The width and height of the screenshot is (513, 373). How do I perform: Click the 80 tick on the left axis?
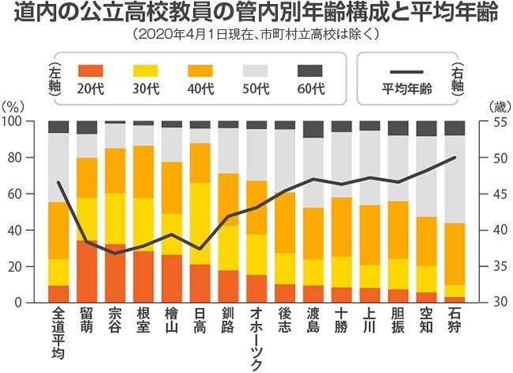tap(33, 157)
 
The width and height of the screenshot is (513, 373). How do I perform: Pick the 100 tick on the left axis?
tap(31, 121)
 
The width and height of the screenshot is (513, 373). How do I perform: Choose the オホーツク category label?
tap(256, 340)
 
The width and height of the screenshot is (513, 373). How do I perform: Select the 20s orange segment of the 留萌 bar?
tap(87, 272)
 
